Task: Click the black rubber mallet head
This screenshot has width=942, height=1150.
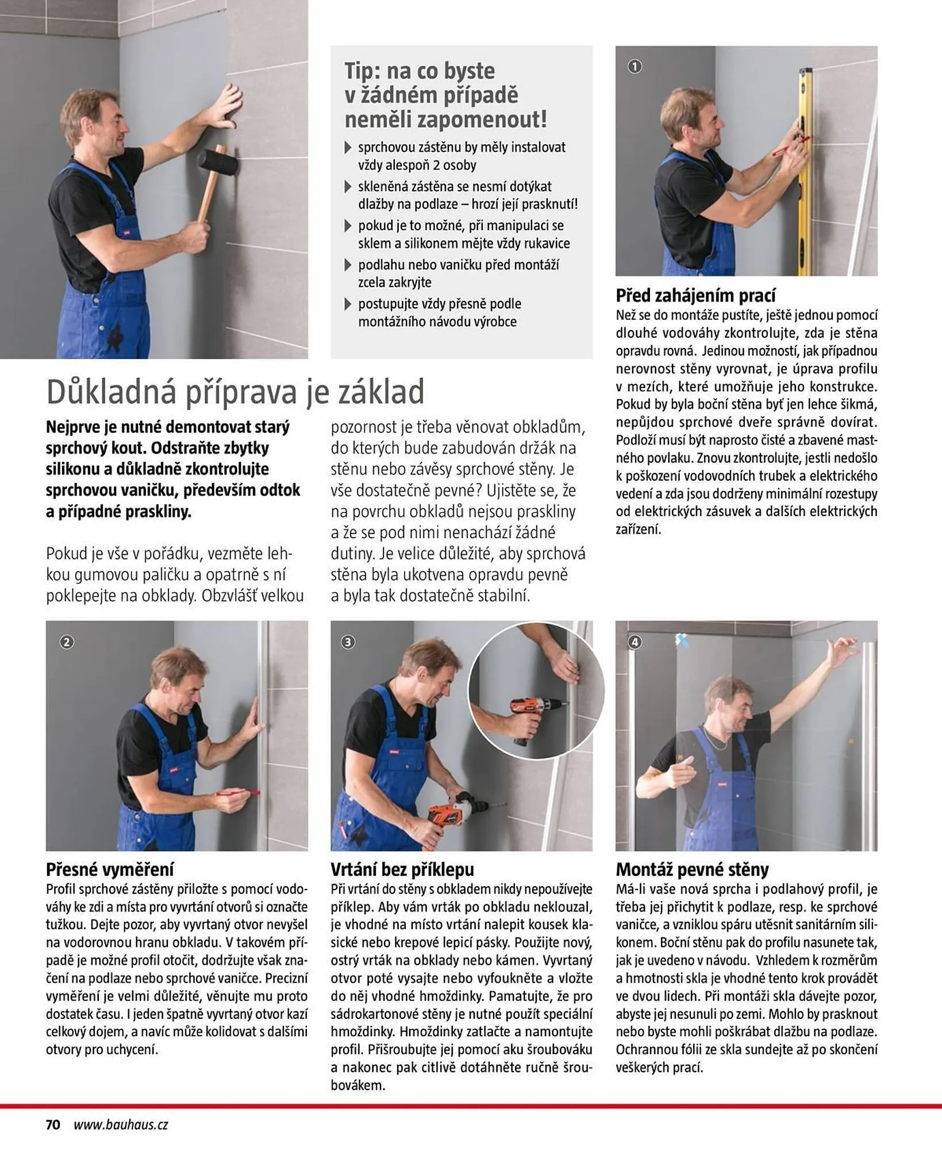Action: point(217,162)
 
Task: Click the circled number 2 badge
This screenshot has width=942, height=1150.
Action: point(67,642)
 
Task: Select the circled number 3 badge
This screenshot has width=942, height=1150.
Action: point(348,642)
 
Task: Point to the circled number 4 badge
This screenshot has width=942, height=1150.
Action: point(634,642)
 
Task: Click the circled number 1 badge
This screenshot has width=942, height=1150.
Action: point(634,67)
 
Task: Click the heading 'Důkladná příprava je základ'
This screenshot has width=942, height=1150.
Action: point(235,392)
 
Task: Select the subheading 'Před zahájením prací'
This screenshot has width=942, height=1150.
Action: point(695,296)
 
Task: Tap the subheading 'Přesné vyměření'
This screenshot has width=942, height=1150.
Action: point(109,869)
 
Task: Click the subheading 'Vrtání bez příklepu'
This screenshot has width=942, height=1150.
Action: point(402,869)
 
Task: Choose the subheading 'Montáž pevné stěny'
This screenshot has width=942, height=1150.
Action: point(692,869)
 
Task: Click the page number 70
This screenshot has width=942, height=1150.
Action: point(53,1125)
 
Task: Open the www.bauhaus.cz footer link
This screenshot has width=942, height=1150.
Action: point(121,1125)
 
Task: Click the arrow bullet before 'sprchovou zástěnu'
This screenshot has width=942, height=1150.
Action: point(348,148)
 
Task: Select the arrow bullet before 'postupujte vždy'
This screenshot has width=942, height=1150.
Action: point(348,304)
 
